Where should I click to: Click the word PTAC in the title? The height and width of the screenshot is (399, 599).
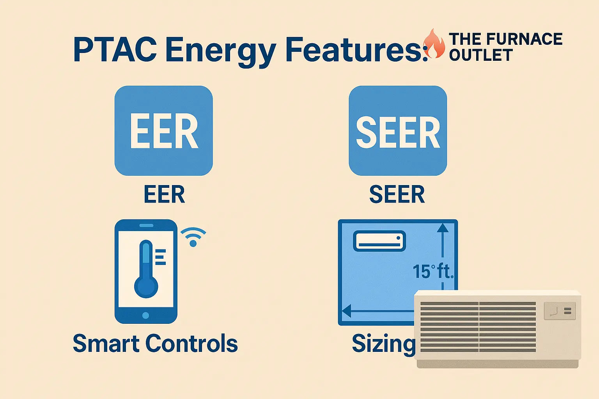115,50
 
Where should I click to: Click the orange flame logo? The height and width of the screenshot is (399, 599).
434,44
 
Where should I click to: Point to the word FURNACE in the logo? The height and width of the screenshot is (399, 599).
525,39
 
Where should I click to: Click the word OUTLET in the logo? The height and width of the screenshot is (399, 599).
480,55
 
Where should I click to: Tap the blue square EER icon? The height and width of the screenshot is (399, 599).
163,131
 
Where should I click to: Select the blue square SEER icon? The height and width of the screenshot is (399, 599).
398,131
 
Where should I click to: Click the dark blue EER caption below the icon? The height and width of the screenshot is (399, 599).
164,194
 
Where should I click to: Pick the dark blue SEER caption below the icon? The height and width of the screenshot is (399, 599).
397,194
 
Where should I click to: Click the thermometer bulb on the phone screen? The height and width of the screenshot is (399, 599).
146,287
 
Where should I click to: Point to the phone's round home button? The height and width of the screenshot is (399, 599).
146,315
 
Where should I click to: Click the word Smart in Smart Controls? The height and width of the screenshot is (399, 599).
106,343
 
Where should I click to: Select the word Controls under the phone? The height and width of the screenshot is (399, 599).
191,343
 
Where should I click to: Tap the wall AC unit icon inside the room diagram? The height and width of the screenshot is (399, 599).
379,241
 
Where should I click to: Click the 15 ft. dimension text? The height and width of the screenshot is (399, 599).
433,271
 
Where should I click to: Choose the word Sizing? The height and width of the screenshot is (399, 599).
383,344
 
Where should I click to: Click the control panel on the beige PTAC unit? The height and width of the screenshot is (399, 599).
560,311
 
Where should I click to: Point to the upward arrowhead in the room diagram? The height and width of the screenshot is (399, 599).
443,228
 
